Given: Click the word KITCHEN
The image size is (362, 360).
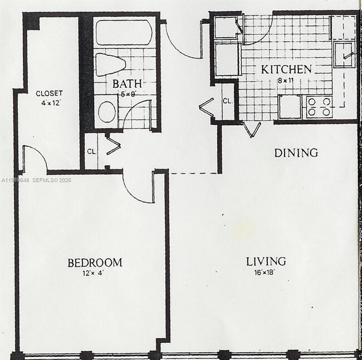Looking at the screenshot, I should tap(286, 70).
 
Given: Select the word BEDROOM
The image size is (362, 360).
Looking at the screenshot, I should tap(95, 262).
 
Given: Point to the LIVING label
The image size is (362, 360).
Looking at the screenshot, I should tap(267, 261).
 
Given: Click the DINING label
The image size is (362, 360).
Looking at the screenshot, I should tap(296, 152).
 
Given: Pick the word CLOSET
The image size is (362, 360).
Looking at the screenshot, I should tap(49, 93).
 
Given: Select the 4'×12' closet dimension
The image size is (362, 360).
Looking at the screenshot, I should tap(49, 102).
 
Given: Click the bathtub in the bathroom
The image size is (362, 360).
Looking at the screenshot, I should tap(124, 32).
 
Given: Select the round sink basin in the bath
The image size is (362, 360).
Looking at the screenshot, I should tap(107, 111).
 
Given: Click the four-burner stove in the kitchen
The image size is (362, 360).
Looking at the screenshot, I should tap(319, 106).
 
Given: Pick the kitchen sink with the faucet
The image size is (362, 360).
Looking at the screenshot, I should tap(345, 53).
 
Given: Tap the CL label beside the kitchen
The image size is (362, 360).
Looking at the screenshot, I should tap(227, 101).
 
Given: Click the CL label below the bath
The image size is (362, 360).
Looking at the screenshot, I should tap(91, 150).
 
